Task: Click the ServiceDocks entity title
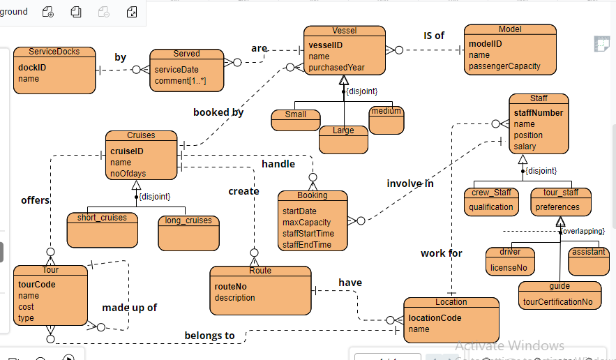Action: pos(54,52)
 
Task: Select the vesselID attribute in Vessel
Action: pos(326,45)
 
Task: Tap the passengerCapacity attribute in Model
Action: pos(504,66)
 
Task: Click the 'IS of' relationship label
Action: pos(434,36)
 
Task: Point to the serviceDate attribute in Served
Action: pos(176,70)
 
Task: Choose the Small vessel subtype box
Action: pos(295,119)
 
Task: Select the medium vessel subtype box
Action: pos(386,120)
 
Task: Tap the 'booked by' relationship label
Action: pos(218,112)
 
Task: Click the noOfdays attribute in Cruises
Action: pos(128,174)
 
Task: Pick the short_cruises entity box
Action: pos(102,227)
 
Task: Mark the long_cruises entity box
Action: pos(188,232)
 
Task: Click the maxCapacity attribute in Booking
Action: pos(306,223)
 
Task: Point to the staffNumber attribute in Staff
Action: pos(539,113)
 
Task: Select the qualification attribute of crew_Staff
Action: pos(491,207)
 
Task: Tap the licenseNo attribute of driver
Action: pos(509,268)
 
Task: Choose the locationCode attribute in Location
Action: pos(435,318)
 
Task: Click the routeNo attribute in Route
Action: pos(231,287)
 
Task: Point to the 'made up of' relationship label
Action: pos(130,308)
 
